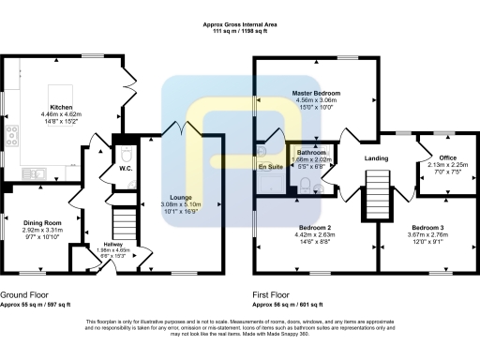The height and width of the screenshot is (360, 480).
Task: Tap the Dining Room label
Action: pos(42,222)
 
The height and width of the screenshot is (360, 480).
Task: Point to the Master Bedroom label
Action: pos(315,94)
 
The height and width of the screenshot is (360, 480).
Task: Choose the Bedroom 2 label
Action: pos(315,228)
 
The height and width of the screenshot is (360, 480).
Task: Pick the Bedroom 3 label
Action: pos(426,228)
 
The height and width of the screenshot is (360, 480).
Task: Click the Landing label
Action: pos(377,157)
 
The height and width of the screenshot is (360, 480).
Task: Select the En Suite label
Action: pos(270,167)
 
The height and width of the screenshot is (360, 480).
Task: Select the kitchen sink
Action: pos(11,171)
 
